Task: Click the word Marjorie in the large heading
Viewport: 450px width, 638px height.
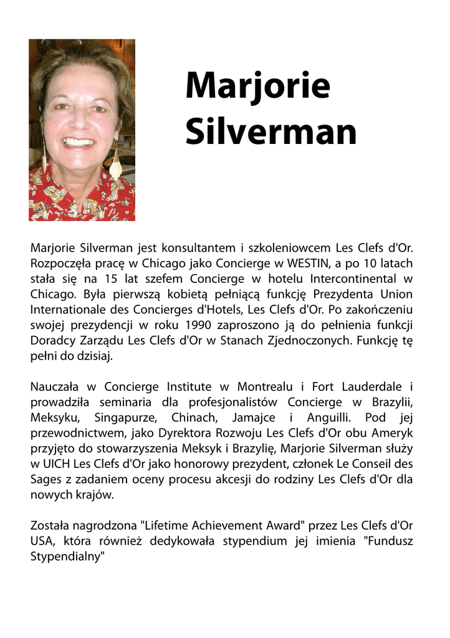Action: click(x=257, y=87)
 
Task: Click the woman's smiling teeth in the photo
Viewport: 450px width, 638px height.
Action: click(x=79, y=142)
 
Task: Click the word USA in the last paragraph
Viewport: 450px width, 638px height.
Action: click(x=42, y=541)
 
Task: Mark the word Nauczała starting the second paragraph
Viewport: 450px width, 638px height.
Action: click(x=56, y=388)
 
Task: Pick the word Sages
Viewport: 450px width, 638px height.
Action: click(x=45, y=479)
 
